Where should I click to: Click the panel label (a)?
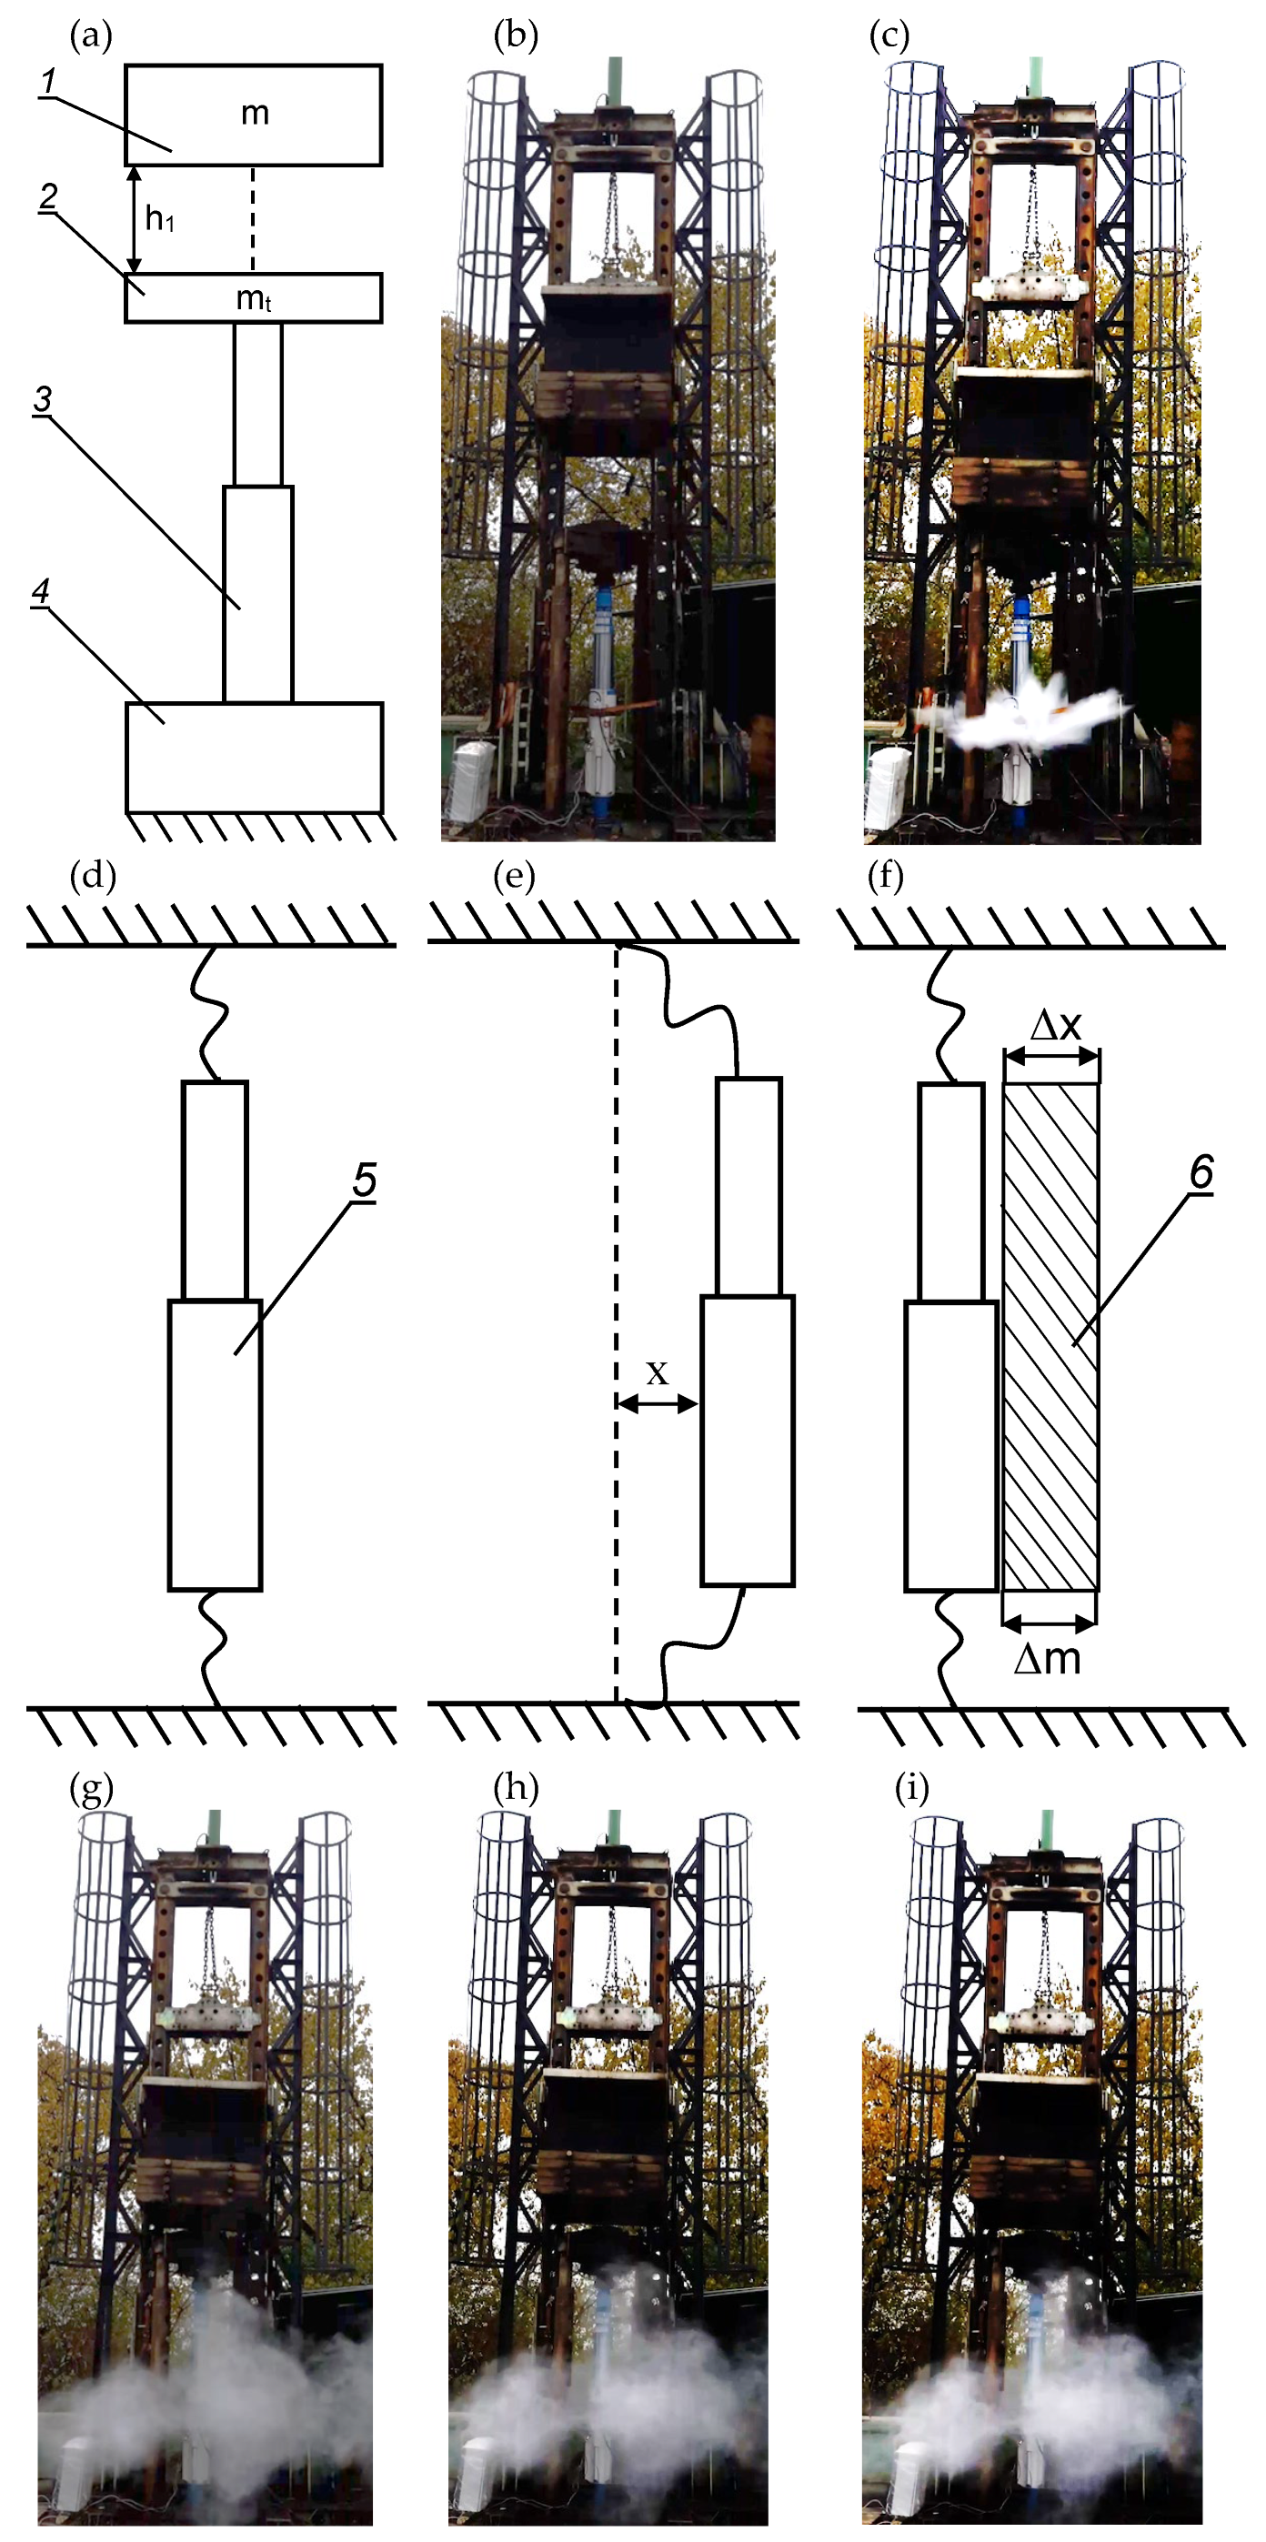[92, 36]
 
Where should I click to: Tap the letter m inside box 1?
[255, 114]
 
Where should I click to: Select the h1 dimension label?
[160, 219]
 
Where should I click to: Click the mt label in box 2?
[254, 299]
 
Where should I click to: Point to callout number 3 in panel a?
[43, 399]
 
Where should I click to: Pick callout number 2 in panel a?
[47, 196]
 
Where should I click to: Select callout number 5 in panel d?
[364, 1181]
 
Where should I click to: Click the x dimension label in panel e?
[656, 1371]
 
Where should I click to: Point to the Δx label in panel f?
[1056, 1026]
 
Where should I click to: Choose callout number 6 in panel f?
[1201, 1173]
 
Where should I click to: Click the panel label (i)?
[910, 1787]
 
